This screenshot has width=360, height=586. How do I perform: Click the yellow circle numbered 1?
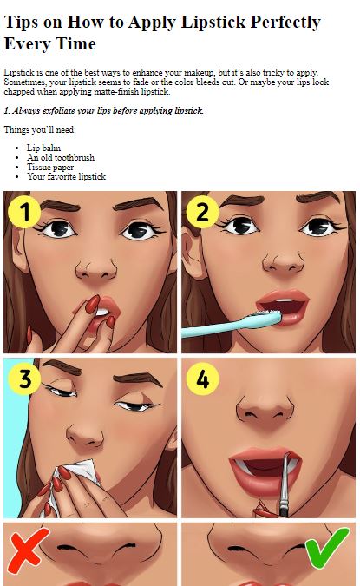tap(24, 212)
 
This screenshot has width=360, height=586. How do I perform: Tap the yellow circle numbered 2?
tap(202, 212)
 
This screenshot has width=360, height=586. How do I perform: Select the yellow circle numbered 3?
tap(24, 379)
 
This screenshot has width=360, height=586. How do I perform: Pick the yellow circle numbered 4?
tap(202, 379)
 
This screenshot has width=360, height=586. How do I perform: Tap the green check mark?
tap(326, 548)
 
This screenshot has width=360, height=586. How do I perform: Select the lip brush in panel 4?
tap(285, 485)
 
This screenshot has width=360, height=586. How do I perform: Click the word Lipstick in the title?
tap(213, 22)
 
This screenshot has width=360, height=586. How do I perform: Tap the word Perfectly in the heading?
tap(285, 22)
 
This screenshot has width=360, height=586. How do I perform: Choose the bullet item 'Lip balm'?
tap(43, 148)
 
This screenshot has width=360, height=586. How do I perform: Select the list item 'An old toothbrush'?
tap(61, 157)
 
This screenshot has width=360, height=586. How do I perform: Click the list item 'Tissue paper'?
tap(50, 167)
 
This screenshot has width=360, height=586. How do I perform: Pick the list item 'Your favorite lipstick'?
tap(66, 176)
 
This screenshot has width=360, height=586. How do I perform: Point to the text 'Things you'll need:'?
tap(40, 129)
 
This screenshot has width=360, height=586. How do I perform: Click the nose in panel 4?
tap(266, 409)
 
